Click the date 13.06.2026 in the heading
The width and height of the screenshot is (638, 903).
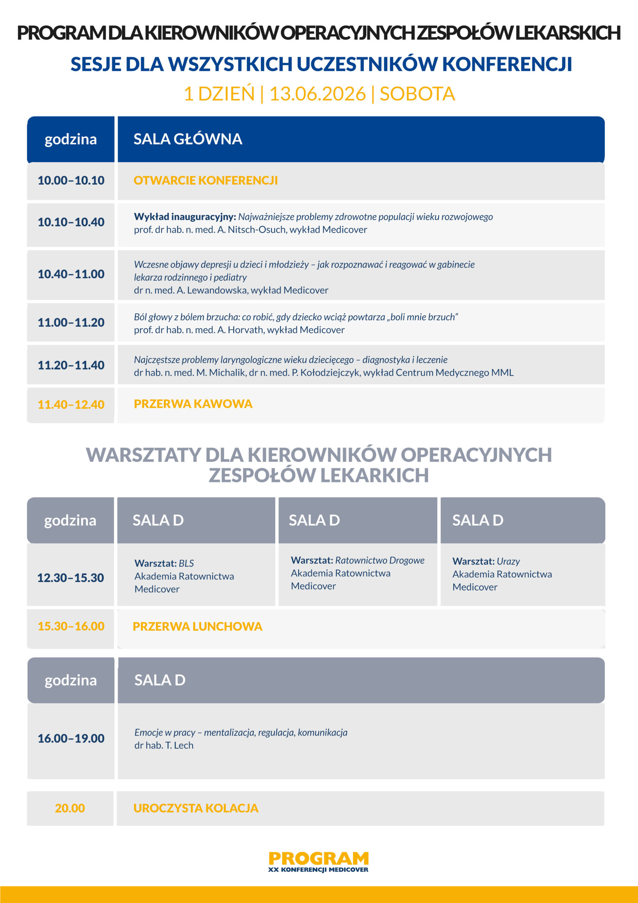(317, 94)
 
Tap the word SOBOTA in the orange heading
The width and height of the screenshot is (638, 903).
(417, 94)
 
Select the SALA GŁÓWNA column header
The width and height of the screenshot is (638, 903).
(188, 139)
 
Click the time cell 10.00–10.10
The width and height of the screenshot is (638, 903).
(71, 181)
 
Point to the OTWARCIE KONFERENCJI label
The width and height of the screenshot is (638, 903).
(205, 181)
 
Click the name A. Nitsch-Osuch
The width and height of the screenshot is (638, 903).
(252, 230)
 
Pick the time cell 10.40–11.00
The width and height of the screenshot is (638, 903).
(71, 274)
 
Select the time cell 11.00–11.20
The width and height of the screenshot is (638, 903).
(71, 322)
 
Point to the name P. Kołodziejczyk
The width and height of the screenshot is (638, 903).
(326, 372)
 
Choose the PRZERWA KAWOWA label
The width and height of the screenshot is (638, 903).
(193, 404)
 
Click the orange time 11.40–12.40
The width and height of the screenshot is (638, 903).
(71, 405)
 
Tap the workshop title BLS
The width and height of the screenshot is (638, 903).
(186, 563)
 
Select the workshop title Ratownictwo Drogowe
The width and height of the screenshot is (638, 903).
(380, 560)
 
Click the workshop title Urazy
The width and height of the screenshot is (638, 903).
(508, 561)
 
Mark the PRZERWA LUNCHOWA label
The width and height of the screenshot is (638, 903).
(197, 626)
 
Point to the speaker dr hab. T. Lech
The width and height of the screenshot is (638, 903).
(164, 745)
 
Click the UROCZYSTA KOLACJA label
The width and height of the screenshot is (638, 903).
(196, 808)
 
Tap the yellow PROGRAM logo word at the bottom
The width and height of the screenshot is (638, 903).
(318, 858)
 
